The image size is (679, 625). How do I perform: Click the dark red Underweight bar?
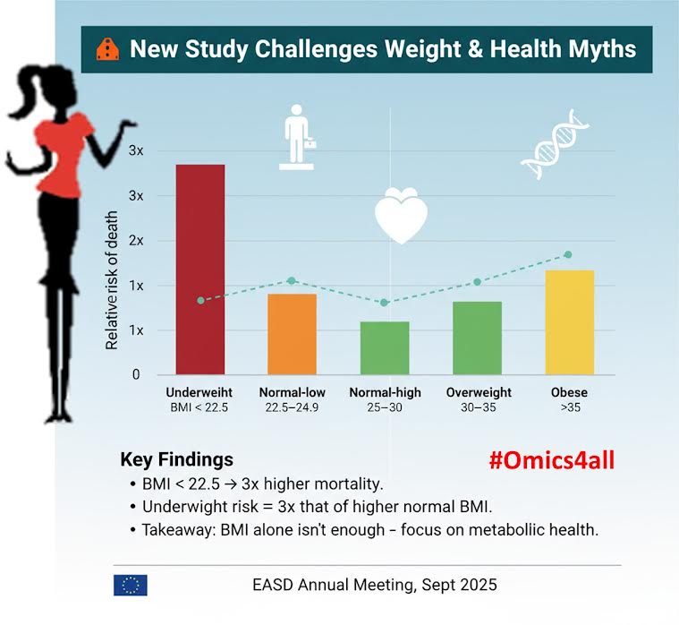point(199,269)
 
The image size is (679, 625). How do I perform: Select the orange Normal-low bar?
point(292,334)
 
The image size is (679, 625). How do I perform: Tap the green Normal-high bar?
point(385,347)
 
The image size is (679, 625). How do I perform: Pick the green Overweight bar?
point(477,338)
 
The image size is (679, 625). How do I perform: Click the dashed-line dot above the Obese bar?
point(567,255)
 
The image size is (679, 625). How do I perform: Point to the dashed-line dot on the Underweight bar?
point(200,300)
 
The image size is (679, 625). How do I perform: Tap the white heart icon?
point(400,215)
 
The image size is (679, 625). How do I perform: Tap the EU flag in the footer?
point(131,585)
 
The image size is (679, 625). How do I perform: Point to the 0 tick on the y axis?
point(136,375)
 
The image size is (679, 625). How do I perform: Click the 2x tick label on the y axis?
point(135,241)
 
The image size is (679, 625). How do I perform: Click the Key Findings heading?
point(176,460)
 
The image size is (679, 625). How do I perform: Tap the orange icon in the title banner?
point(106,48)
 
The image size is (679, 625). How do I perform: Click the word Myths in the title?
point(599,48)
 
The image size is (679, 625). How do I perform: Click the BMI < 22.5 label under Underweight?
point(199,408)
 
